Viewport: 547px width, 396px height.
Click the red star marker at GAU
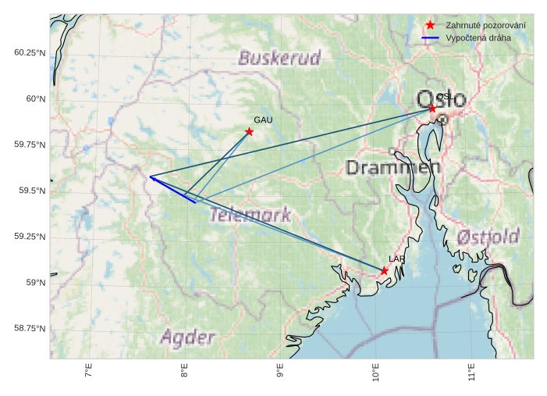249,131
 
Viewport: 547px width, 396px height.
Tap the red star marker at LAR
384,270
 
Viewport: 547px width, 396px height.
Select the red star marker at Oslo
432,108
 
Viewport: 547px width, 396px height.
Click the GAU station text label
263,120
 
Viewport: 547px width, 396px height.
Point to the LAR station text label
397,259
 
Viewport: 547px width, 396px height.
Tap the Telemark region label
250,214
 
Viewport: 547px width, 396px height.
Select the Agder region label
187,337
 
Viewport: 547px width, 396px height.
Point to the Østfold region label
488,236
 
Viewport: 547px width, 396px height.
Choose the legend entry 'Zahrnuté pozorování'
485,26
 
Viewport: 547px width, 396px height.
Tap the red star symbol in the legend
430,26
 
